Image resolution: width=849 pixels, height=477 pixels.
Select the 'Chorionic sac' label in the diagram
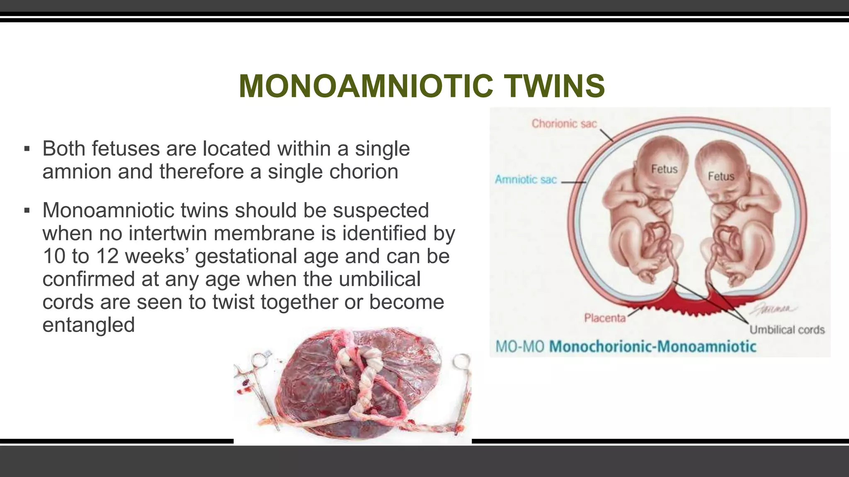pyautogui.click(x=564, y=123)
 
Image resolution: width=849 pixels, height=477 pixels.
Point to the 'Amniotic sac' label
pyautogui.click(x=526, y=180)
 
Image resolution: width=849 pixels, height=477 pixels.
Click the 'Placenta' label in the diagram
pyautogui.click(x=604, y=318)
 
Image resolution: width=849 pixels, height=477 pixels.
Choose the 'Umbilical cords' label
pyautogui.click(x=787, y=330)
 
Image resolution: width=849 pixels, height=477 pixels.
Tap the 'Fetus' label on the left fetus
pyautogui.click(x=664, y=169)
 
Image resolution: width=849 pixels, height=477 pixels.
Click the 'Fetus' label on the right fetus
pyautogui.click(x=721, y=176)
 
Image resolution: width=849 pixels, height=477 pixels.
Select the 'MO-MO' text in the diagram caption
pyautogui.click(x=519, y=347)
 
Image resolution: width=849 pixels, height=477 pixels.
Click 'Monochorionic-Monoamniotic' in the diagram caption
pyautogui.click(x=653, y=347)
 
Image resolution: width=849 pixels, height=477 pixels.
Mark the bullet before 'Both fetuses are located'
pyautogui.click(x=27, y=149)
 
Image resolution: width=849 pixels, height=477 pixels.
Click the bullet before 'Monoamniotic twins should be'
pyautogui.click(x=27, y=211)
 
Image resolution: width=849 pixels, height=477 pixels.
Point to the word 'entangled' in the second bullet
pyautogui.click(x=89, y=325)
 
